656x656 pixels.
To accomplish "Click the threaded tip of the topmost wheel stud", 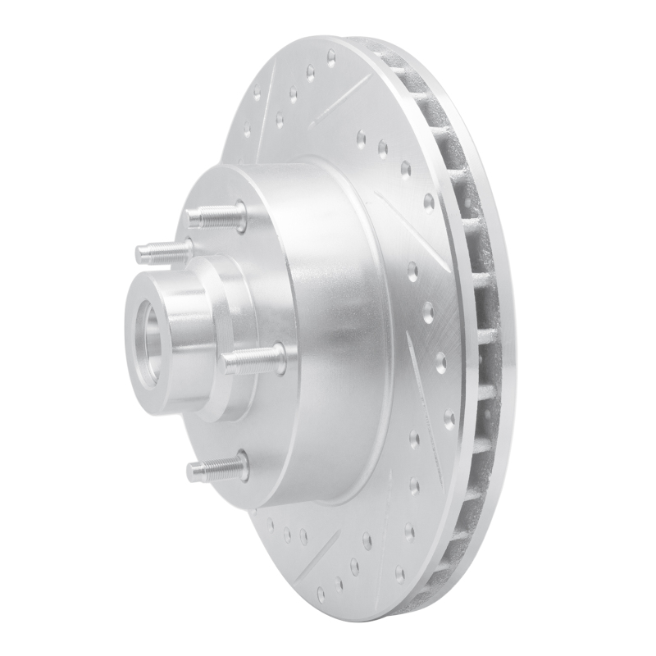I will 194,217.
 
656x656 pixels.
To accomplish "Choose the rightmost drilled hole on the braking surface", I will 449,418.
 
